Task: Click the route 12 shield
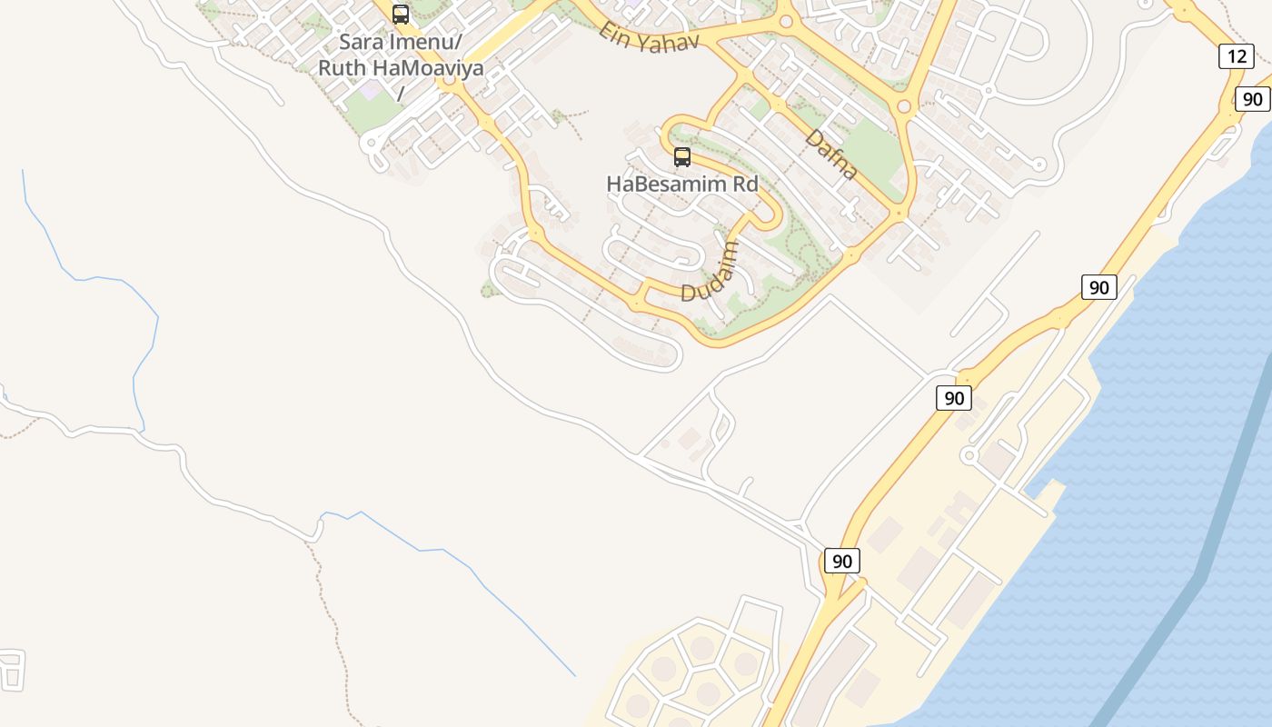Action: (x=1237, y=56)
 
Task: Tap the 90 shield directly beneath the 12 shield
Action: (x=1252, y=99)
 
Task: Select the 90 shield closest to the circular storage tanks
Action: (x=841, y=561)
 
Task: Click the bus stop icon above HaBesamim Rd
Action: (x=682, y=157)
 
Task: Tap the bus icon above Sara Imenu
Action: (x=401, y=15)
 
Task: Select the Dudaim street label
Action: (x=710, y=272)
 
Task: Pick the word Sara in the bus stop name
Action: (x=362, y=42)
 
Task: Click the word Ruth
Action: (x=343, y=68)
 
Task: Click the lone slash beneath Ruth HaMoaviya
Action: (x=401, y=93)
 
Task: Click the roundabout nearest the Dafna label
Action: (x=903, y=106)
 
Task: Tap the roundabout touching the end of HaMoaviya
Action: (x=449, y=81)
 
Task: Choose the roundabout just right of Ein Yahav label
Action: (x=785, y=22)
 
